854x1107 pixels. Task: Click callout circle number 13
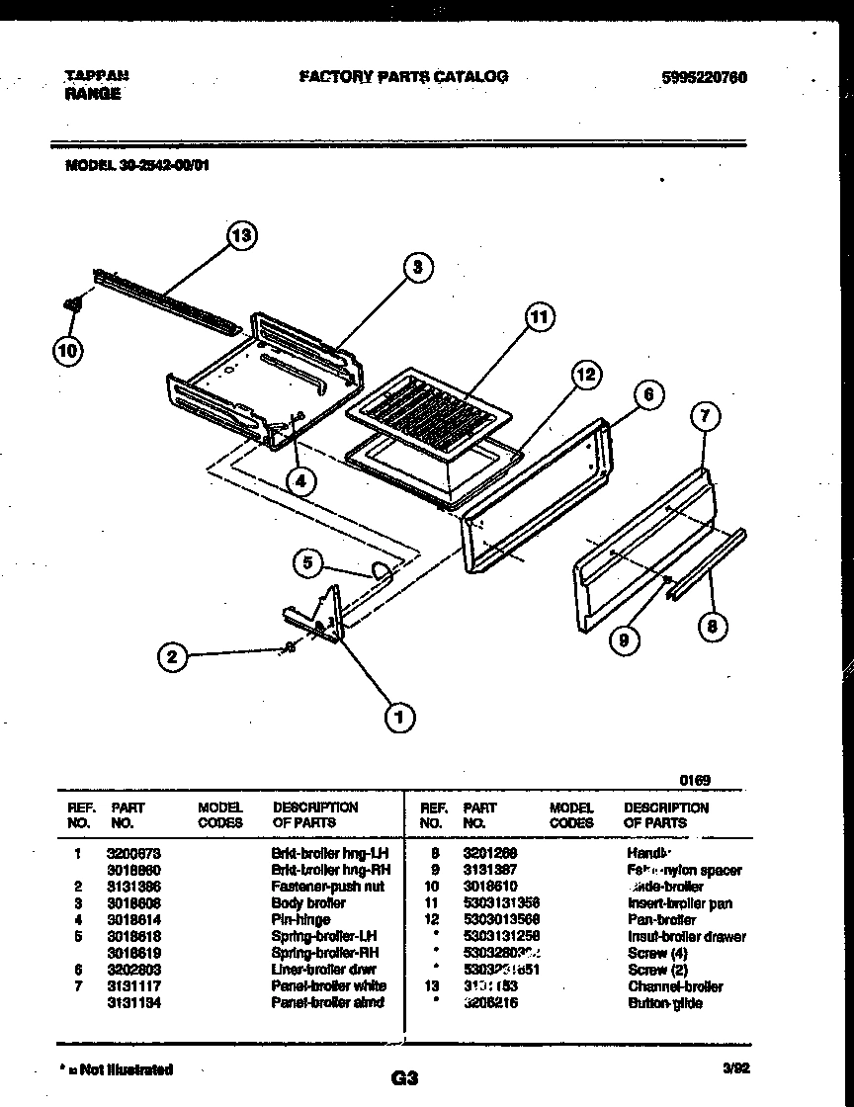(x=241, y=235)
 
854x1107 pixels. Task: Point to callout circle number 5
(x=308, y=563)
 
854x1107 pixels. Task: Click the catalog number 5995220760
(x=701, y=76)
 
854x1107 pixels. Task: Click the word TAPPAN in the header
(x=96, y=75)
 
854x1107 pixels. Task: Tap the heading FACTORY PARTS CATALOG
(x=403, y=76)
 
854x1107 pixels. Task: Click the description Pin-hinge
(x=300, y=919)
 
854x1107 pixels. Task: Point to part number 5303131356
(x=501, y=902)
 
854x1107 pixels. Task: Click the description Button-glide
(x=664, y=1002)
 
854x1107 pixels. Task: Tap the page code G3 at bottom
(x=405, y=1079)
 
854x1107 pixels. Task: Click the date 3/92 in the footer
(x=735, y=1067)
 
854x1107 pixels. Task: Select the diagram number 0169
(x=696, y=780)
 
